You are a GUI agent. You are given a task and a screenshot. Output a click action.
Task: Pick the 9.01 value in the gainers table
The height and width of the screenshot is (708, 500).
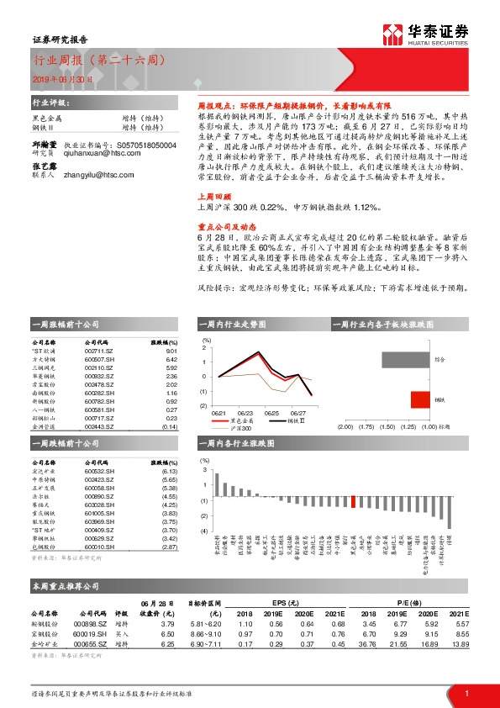tap(171, 351)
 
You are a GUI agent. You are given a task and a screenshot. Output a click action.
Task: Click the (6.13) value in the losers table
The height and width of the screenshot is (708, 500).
tap(170, 472)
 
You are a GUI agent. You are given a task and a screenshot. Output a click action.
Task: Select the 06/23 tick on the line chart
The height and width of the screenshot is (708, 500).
tap(245, 413)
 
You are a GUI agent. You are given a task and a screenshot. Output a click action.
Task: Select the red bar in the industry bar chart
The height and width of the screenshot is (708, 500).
tap(354, 501)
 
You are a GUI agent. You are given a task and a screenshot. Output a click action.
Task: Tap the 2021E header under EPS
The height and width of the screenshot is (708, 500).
tap(338, 613)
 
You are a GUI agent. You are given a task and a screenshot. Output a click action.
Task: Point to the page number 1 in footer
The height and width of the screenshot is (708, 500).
tap(466, 693)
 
